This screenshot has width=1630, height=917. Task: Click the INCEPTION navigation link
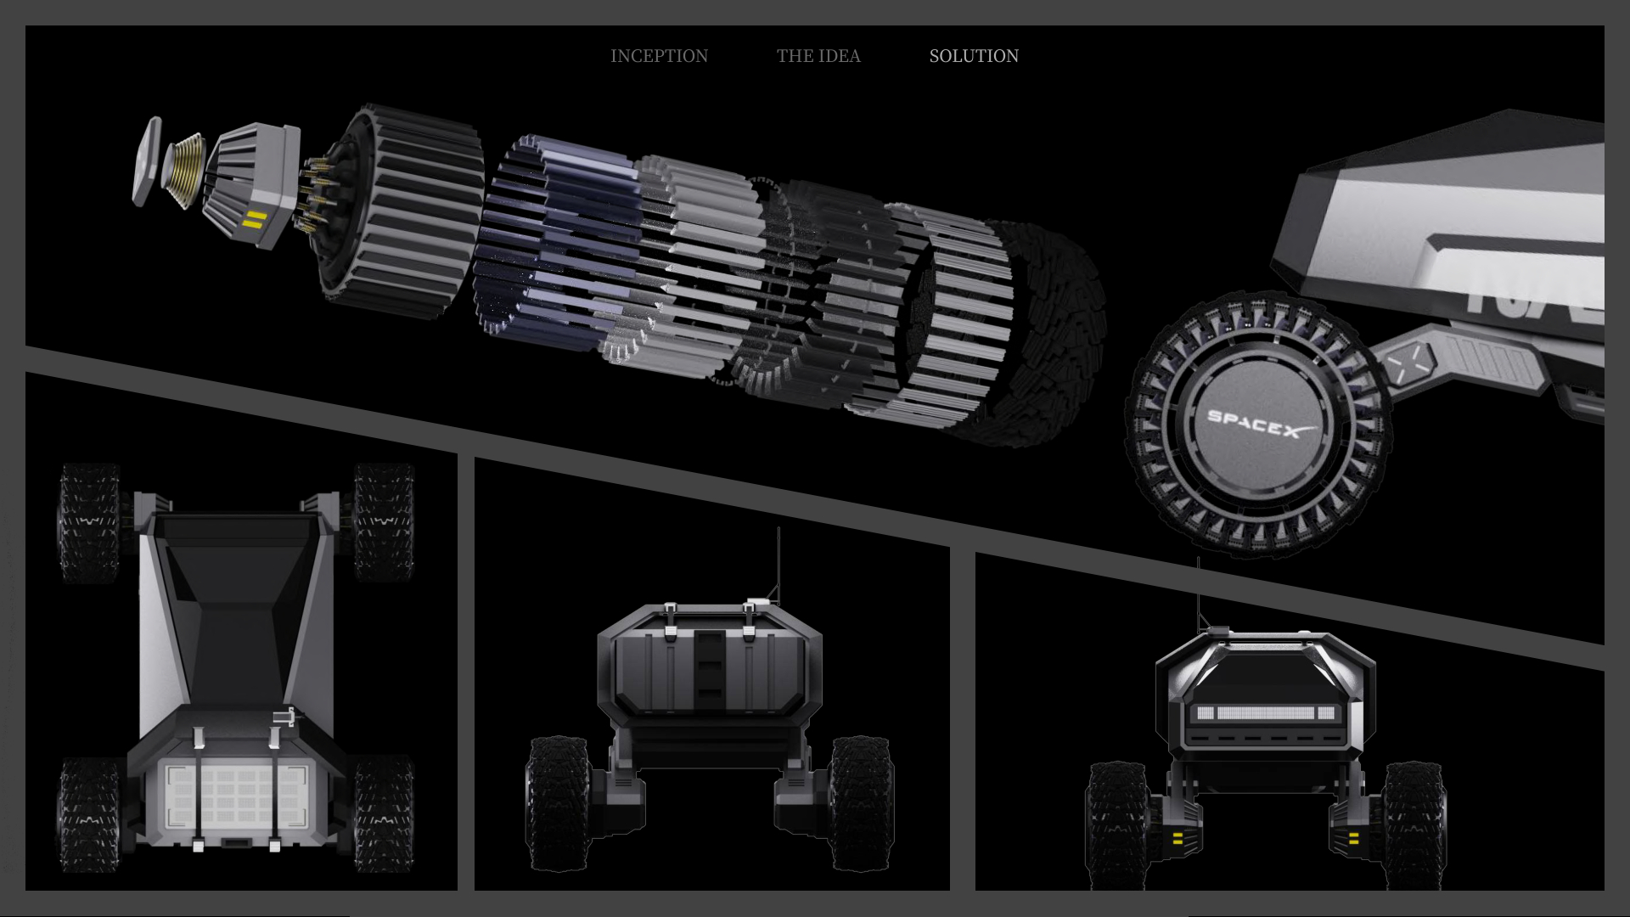659,56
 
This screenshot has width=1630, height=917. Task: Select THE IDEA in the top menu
818,56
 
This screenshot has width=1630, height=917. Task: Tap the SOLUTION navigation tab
974,56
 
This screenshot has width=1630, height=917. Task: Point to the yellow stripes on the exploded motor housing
253,223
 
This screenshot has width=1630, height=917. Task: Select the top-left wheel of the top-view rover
87,522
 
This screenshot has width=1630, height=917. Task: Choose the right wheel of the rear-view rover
861,802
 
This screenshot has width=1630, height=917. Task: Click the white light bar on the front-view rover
1266,713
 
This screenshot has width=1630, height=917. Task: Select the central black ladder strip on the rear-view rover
708,671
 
